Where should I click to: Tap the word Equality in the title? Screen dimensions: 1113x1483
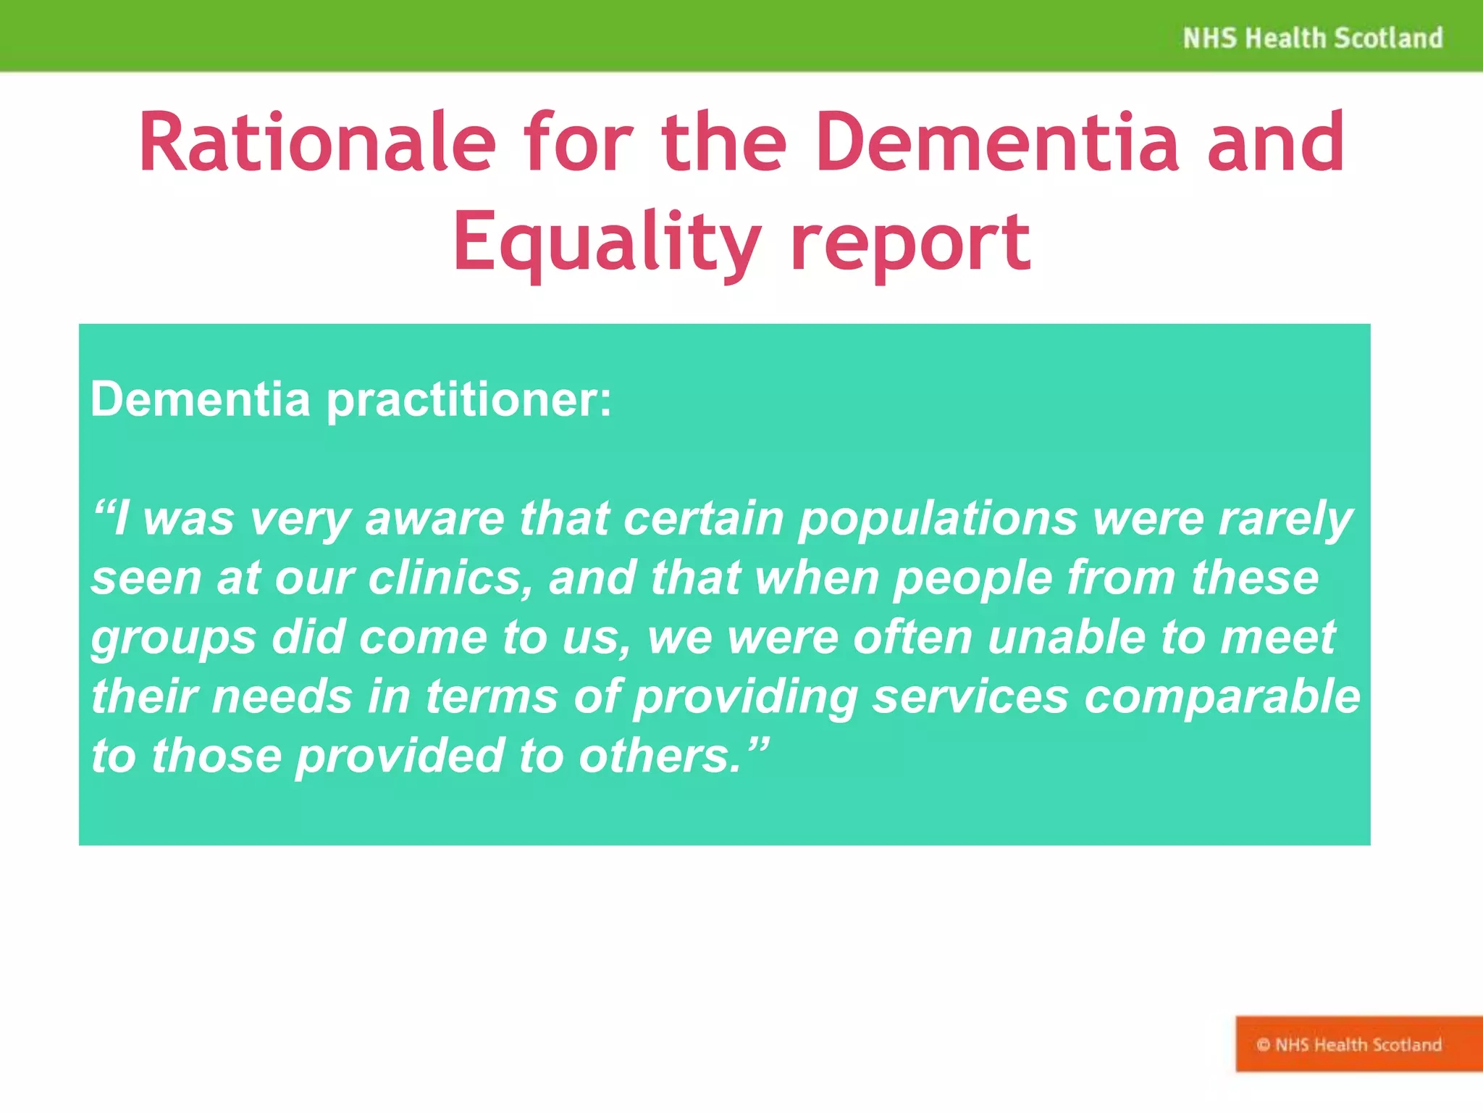607,242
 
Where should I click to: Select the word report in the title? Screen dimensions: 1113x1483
910,242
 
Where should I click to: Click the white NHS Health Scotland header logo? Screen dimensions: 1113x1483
1312,38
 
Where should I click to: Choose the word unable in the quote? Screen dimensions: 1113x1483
1066,638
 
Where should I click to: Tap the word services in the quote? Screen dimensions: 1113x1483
970,697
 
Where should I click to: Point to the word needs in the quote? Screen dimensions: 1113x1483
282,697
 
